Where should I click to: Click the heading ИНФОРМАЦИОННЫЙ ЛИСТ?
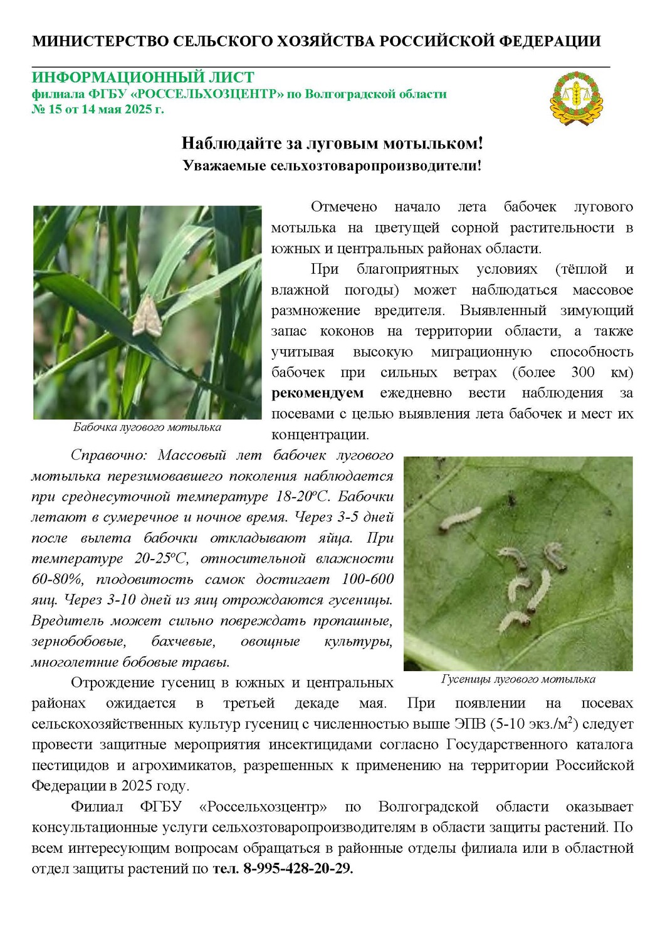pos(143,78)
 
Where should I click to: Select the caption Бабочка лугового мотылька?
pos(147,427)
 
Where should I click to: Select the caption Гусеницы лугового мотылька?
pos(518,679)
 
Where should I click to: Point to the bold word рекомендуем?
pos(317,393)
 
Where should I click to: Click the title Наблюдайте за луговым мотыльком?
pos(332,144)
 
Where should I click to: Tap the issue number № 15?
pos(47,109)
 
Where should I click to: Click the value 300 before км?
pos(583,372)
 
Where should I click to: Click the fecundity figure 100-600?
pos(368,579)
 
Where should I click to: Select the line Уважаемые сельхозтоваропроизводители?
pos(332,166)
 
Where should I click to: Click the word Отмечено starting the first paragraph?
pos(343,207)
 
